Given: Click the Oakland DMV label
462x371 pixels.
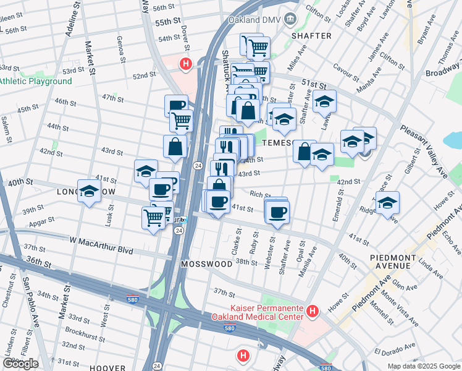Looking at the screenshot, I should pyautogui.click(x=254, y=19).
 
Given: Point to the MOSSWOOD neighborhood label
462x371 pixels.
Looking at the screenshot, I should pyautogui.click(x=206, y=264).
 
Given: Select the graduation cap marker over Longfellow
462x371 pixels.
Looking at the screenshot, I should pyautogui.click(x=90, y=190).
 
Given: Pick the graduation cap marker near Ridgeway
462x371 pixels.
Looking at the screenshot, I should pyautogui.click(x=387, y=202).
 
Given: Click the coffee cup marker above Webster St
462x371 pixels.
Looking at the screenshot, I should pyautogui.click(x=277, y=211).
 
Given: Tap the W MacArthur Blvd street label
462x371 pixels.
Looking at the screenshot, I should pyautogui.click(x=101, y=240).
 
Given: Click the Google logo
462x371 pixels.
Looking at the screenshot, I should pyautogui.click(x=20, y=364).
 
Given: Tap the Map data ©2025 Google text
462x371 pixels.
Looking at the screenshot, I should pyautogui.click(x=423, y=366).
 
